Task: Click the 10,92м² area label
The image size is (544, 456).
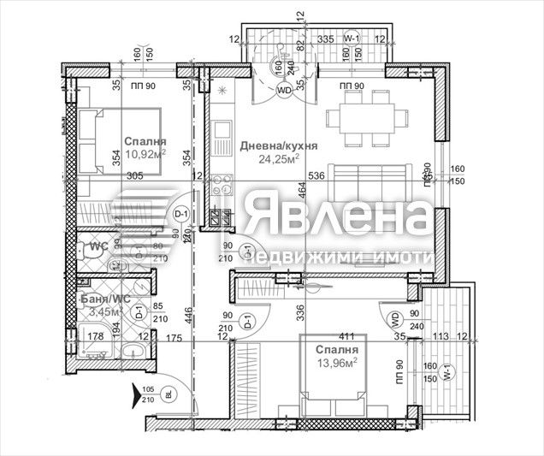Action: click(x=145, y=155)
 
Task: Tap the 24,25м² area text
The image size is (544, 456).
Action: click(x=279, y=160)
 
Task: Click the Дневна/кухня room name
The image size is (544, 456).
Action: click(x=279, y=146)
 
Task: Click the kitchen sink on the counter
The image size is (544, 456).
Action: click(x=222, y=135)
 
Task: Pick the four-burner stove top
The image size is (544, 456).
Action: click(x=222, y=184)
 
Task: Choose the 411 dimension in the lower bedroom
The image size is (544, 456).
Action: click(x=346, y=336)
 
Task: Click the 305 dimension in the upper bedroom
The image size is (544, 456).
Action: click(x=133, y=175)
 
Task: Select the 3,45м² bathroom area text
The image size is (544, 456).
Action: click(x=104, y=313)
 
